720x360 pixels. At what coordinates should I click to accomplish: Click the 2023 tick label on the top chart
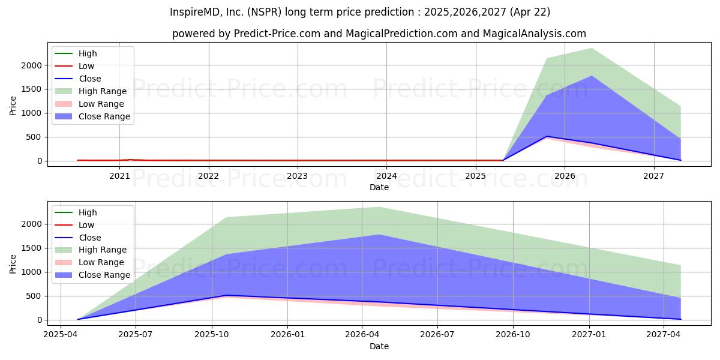(297, 176)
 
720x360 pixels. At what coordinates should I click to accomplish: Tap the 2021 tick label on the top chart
(119, 176)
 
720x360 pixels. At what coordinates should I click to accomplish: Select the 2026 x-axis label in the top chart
(565, 176)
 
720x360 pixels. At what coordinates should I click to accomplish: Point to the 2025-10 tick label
(212, 335)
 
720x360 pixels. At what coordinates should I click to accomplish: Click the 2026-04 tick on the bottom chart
(362, 335)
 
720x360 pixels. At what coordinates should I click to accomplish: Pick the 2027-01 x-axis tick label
(589, 335)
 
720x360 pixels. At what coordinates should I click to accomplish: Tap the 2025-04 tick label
(61, 335)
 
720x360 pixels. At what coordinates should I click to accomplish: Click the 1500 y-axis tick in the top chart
(31, 89)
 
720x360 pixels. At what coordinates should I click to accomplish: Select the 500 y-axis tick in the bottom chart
(34, 296)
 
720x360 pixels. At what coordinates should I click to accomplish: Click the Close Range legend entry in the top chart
(92, 116)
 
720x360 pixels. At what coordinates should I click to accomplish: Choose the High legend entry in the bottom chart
(76, 212)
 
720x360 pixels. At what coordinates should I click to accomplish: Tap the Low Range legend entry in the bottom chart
(89, 262)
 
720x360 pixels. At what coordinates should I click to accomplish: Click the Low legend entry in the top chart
(74, 66)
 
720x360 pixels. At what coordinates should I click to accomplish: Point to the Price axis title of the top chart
(13, 106)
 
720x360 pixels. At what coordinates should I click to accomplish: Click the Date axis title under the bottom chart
(379, 346)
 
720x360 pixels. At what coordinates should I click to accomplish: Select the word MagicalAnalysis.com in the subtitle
(534, 34)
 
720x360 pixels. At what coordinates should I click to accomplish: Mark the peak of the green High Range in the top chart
(592, 48)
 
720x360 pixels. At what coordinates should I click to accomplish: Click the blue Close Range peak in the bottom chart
(379, 235)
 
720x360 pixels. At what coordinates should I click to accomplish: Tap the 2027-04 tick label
(664, 335)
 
